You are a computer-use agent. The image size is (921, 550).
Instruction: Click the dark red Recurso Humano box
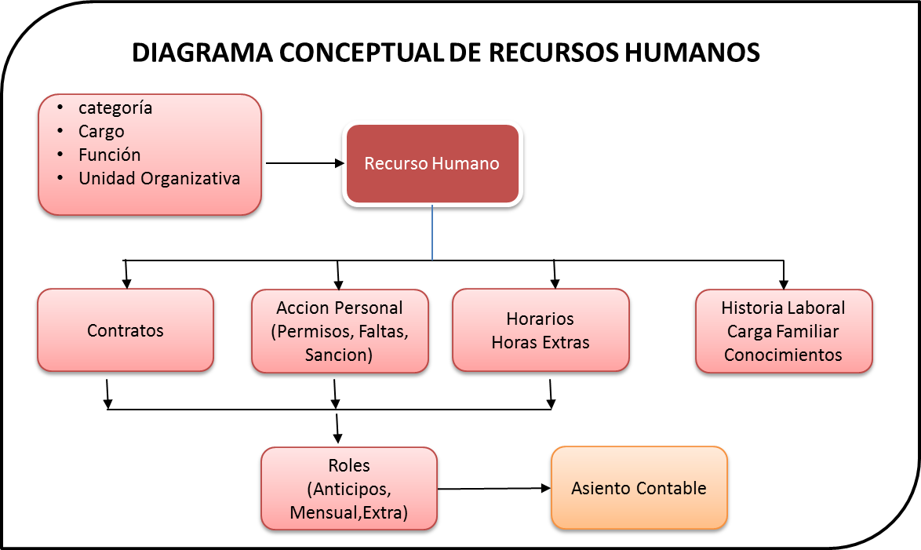click(x=432, y=164)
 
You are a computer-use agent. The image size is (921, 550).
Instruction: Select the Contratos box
click(x=126, y=330)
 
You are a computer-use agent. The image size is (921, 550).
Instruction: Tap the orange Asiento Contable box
click(x=639, y=489)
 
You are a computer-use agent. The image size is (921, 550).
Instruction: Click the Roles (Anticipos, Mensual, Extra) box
click(x=348, y=490)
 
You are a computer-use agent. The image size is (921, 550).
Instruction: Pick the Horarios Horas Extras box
click(x=541, y=330)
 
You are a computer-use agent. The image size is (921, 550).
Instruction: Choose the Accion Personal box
click(x=340, y=330)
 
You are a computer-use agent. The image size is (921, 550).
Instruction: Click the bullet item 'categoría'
click(x=115, y=107)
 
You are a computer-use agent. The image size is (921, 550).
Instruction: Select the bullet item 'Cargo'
click(x=101, y=131)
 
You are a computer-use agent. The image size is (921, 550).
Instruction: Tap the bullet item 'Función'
click(x=109, y=155)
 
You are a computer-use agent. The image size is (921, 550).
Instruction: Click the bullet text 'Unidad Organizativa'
click(x=159, y=178)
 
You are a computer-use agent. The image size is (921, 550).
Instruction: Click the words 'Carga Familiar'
click(x=783, y=331)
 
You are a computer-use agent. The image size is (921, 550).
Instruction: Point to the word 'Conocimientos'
click(x=783, y=355)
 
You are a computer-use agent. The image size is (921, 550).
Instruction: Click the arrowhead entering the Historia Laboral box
click(x=783, y=285)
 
